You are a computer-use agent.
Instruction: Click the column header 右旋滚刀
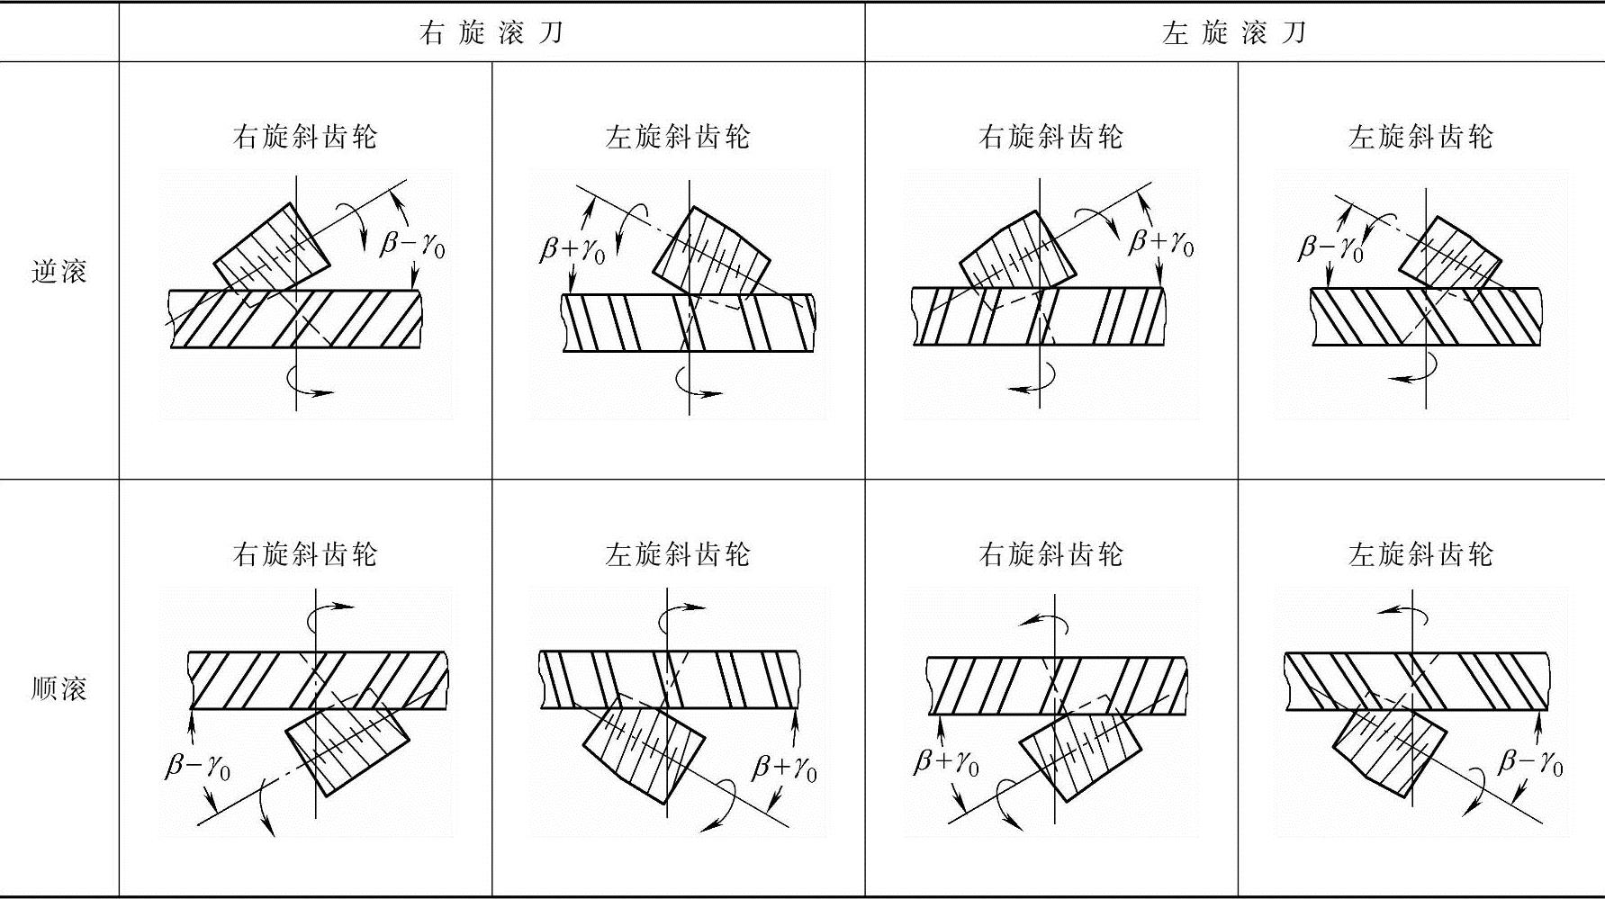coord(491,33)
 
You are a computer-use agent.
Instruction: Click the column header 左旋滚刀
coord(1233,33)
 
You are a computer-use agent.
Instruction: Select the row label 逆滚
coord(59,271)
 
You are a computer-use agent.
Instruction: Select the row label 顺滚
coord(59,688)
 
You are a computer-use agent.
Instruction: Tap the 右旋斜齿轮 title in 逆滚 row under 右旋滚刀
coord(305,137)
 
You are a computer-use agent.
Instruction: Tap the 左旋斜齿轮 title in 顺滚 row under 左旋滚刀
coord(1420,554)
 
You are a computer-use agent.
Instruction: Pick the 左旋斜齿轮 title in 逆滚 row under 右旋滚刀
coord(678,137)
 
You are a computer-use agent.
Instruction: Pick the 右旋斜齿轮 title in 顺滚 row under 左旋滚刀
coord(1050,554)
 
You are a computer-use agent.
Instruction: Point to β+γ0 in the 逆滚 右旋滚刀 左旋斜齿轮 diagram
coord(573,248)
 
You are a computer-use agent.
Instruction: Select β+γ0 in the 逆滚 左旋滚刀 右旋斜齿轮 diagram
coord(1161,243)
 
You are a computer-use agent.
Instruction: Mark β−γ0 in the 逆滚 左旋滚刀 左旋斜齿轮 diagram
coord(1330,248)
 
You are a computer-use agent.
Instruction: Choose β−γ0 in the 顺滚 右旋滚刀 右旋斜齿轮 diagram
coord(198,767)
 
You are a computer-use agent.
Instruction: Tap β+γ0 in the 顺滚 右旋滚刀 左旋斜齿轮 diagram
coord(785,768)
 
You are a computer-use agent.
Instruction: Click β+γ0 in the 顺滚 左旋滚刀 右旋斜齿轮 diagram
coord(947,763)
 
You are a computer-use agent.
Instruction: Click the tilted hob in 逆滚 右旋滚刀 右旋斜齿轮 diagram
coord(272,250)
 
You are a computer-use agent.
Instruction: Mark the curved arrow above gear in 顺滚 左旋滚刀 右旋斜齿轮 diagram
coord(1044,621)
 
